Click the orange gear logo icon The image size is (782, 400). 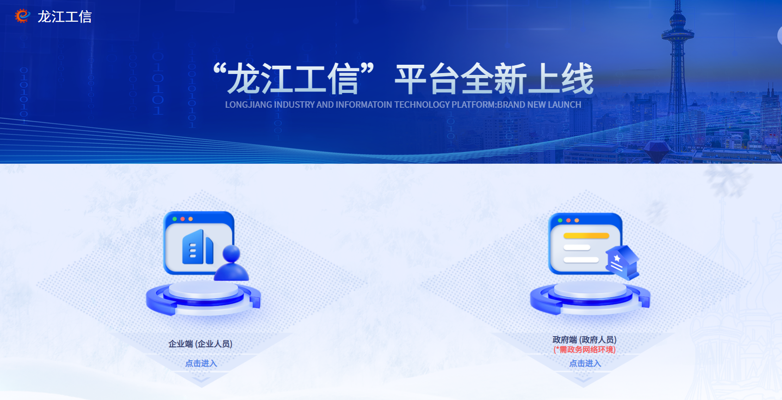22,16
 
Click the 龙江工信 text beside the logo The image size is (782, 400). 64,17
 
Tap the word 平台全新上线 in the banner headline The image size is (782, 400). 494,79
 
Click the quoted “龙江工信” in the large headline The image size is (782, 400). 293,79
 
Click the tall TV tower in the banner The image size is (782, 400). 677,69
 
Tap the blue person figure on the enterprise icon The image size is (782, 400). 231,264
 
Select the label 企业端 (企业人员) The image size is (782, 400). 200,344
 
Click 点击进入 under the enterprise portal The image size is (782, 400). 201,363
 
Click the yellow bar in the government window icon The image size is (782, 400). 586,236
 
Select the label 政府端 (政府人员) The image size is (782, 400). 584,340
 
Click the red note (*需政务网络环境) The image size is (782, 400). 584,350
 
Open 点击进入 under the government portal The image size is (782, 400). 585,363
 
